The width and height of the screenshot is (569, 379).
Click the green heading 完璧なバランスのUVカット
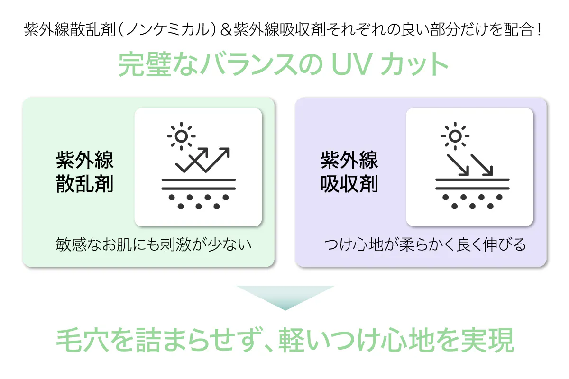pyautogui.click(x=284, y=65)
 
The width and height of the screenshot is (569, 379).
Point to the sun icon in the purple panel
pyautogui.click(x=455, y=136)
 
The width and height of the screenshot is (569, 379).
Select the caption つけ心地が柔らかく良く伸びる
pyautogui.click(x=425, y=245)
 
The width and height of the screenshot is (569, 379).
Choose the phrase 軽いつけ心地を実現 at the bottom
pyautogui.click(x=397, y=340)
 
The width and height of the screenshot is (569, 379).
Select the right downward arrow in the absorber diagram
pyautogui.click(x=482, y=164)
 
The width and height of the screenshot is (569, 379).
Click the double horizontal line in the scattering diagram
pyautogui.click(x=199, y=183)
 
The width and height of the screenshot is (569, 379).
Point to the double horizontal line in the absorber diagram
pyautogui.click(x=472, y=183)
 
